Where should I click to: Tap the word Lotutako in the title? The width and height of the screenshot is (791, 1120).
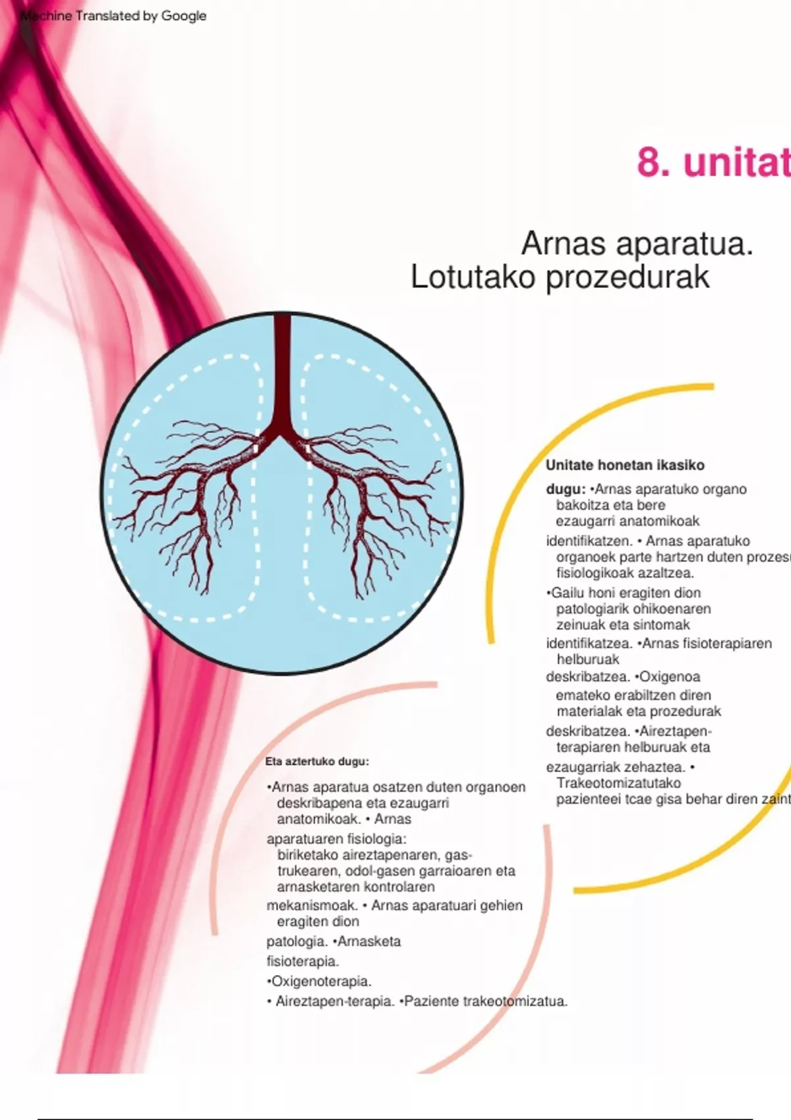tap(473, 277)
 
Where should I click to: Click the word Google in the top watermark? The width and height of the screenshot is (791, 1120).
tap(184, 16)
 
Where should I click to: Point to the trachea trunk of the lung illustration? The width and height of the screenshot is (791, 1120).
tap(282, 369)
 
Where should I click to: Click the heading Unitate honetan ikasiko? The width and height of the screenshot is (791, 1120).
tap(625, 465)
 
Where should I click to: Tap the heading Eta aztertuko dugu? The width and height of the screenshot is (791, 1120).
tap(317, 762)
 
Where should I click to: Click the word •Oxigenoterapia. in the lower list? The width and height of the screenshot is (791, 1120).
tap(319, 982)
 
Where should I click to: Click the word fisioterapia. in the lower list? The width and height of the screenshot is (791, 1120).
tap(303, 962)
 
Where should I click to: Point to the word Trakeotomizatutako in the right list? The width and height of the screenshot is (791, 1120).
tap(618, 783)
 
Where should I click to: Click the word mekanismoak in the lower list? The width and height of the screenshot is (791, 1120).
tap(312, 906)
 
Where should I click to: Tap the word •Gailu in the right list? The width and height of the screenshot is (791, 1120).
tap(566, 593)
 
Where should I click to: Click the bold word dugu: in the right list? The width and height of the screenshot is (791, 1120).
tap(566, 490)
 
